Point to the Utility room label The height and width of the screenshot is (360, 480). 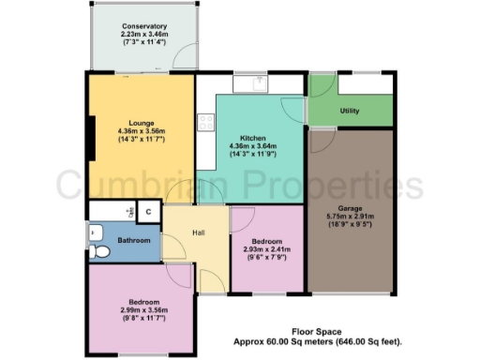(350, 112)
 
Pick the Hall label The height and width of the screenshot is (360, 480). (199, 234)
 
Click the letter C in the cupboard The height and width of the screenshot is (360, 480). (149, 212)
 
